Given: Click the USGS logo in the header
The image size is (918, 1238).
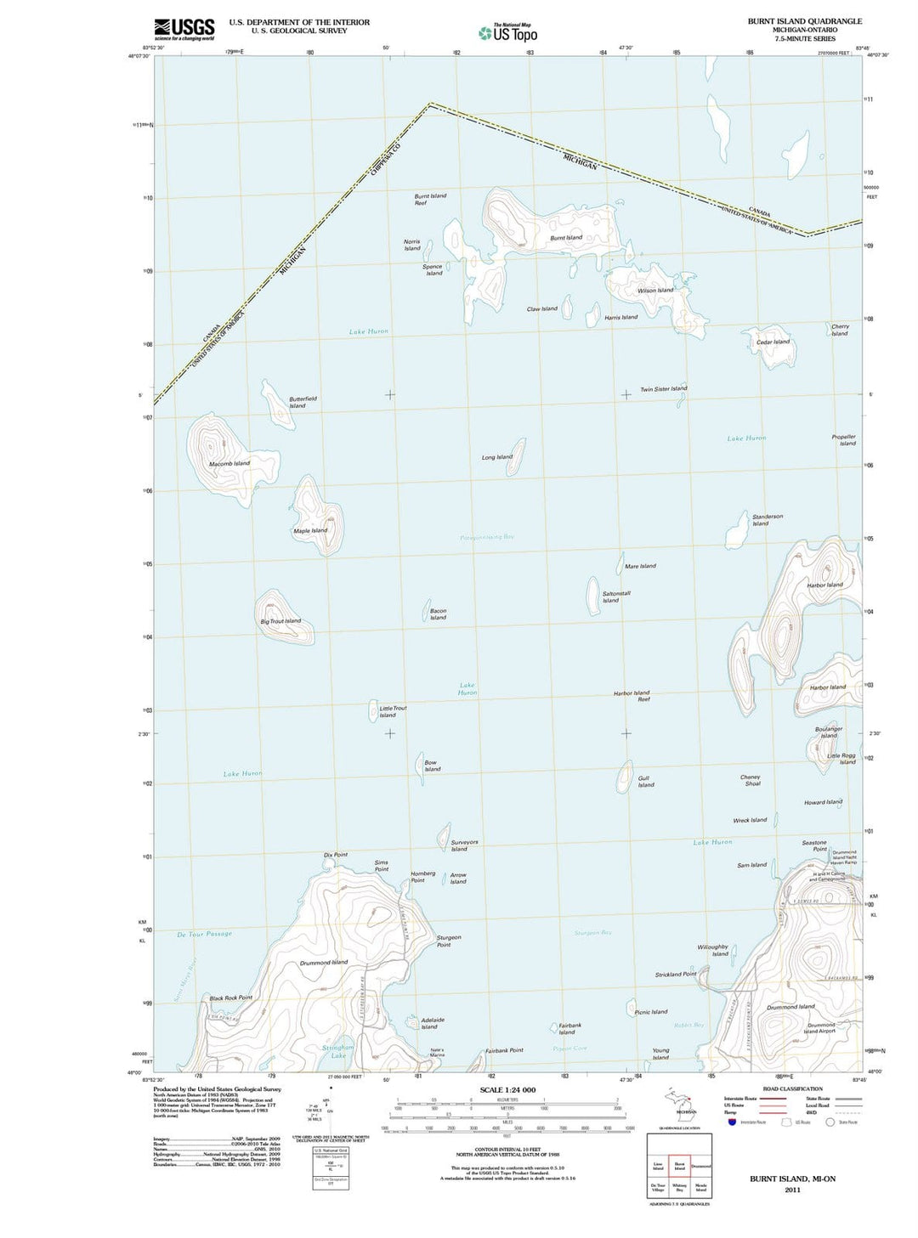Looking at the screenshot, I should tap(184, 30).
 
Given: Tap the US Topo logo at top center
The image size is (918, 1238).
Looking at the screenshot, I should tap(508, 33).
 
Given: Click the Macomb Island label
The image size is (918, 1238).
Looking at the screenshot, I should tap(229, 464).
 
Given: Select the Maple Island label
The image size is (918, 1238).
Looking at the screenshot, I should tap(310, 531).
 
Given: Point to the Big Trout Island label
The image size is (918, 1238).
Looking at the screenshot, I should tap(280, 621).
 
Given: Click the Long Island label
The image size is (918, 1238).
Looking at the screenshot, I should tap(497, 457).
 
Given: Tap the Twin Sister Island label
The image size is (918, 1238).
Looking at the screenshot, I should tap(664, 389).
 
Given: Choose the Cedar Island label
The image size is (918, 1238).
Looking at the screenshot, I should tap(773, 342).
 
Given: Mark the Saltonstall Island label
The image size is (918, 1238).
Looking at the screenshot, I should tap(616, 596).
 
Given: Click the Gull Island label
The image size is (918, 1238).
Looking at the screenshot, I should tap(646, 782).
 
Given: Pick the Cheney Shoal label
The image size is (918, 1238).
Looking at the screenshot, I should tap(751, 780).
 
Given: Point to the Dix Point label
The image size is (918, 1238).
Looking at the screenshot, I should tap(336, 855).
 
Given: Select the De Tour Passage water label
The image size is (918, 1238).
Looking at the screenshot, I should tap(204, 934).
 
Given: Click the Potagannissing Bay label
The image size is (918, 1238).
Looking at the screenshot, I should tap(487, 537).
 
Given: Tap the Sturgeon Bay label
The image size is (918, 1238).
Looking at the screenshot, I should tap(592, 933).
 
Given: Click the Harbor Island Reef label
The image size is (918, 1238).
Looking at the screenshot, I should tap(632, 696).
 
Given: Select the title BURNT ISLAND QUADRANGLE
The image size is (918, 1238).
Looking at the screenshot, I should tap(804, 21).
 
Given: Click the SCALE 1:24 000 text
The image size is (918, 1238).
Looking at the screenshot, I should tap(507, 1089).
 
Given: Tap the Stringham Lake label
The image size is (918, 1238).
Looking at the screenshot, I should tap(338, 1052).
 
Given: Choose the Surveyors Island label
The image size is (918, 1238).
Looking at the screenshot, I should tap(463, 845).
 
